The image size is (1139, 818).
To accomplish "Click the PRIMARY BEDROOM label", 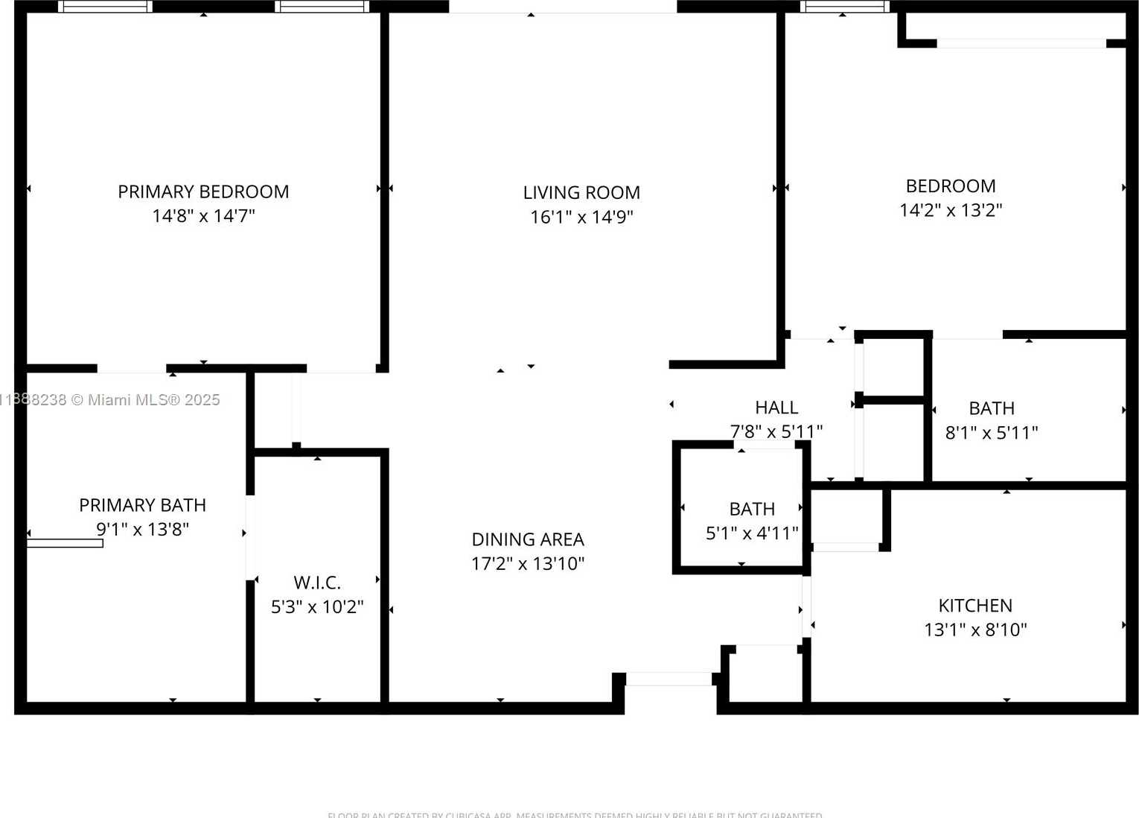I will (203, 191).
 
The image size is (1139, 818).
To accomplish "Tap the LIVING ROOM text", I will (581, 192).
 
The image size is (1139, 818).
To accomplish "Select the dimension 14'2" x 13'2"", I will (951, 210).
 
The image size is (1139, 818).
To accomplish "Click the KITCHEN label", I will (975, 606).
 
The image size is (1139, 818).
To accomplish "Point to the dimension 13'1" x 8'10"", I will (975, 630).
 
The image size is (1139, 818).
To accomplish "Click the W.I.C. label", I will (317, 583).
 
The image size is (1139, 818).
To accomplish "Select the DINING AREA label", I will (528, 539).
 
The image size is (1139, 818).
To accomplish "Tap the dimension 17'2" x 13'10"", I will (528, 563).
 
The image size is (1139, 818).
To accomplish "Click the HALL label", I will (776, 408).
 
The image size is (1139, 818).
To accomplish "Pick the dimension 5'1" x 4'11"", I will (752, 533).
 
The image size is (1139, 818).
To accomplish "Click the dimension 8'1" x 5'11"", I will (992, 432).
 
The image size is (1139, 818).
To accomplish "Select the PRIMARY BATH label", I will (142, 505).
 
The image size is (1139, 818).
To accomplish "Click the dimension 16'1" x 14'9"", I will (581, 217).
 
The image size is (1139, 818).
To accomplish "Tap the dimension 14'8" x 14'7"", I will (203, 215).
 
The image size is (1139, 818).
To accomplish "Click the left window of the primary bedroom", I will (105, 7).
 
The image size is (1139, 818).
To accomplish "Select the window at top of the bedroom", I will (845, 7).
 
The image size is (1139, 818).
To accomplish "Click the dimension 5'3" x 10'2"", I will (317, 606).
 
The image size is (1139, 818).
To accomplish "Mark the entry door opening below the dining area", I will (669, 679).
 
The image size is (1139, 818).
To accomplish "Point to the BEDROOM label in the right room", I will (951, 186).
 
